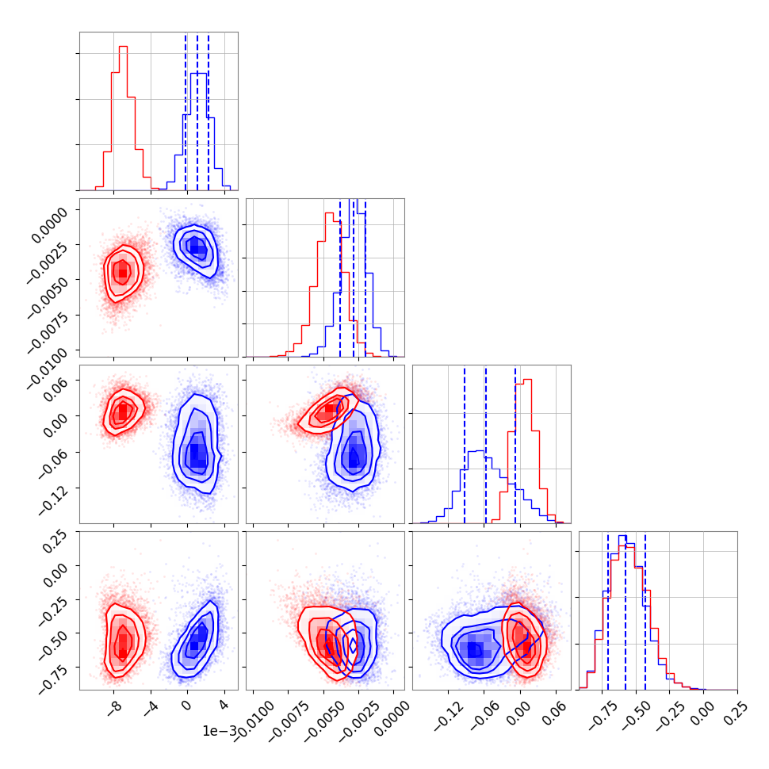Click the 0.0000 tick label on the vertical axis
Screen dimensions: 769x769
[x=52, y=215]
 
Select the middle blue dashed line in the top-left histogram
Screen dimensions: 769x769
[x=197, y=111]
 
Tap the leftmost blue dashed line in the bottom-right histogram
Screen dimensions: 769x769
[x=608, y=610]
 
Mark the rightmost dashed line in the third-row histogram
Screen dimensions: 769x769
[x=515, y=444]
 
